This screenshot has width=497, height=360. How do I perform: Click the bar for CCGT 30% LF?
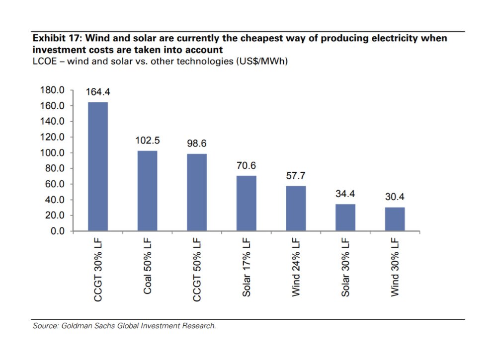98,166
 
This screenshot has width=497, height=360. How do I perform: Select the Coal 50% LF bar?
147,191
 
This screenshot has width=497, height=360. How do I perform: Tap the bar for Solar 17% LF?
246,203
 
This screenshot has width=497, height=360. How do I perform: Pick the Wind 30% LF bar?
395,219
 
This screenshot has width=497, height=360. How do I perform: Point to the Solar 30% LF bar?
345,217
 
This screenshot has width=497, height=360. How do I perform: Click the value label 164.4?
98,92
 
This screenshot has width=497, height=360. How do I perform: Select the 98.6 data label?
196,144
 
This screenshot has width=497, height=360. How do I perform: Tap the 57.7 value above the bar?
296,176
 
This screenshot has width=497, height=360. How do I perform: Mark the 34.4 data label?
345,194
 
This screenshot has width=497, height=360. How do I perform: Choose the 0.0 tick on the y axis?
57,231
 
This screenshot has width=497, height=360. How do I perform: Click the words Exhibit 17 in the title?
55,38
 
